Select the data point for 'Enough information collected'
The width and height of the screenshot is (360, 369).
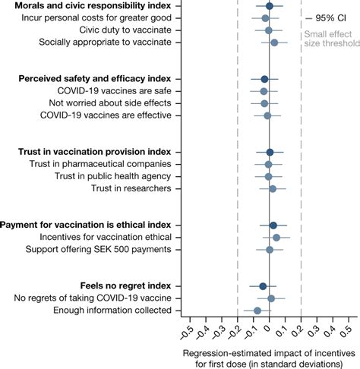tap(257, 311)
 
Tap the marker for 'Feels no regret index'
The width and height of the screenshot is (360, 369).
tap(263, 286)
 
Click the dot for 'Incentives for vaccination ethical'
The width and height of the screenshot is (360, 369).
tap(276, 238)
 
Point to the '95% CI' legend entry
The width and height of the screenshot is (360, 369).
tap(327, 17)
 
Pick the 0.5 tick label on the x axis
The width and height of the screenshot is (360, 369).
tap(347, 335)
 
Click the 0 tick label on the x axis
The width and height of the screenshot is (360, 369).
tap(268, 335)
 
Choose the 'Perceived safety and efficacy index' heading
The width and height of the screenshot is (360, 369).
tap(94, 79)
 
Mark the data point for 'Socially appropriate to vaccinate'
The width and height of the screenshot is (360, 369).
tap(274, 43)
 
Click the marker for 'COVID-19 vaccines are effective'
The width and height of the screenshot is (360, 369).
tap(267, 115)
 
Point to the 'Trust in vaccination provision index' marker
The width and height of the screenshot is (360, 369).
tap(270, 153)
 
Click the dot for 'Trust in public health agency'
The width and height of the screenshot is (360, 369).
tap(268, 176)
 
